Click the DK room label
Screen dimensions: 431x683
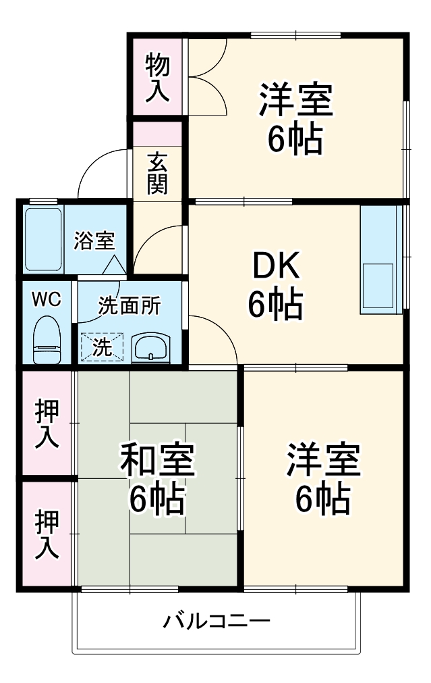tap(277, 266)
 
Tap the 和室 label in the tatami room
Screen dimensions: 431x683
tap(157, 459)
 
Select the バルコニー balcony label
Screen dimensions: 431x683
tap(217, 621)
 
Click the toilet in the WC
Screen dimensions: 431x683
tap(47, 340)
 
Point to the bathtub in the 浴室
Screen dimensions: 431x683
tap(43, 239)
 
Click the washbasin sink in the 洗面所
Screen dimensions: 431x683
tap(150, 347)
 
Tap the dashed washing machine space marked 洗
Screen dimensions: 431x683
tap(103, 347)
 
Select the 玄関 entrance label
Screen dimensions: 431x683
tap(157, 174)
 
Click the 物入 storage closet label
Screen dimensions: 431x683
tap(157, 78)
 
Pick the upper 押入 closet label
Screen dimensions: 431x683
tap(47, 424)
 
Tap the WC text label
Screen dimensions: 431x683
tap(47, 299)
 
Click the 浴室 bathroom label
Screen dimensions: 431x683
tap(94, 241)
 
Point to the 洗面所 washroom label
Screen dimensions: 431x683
tap(130, 306)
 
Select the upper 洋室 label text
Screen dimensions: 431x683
tap(296, 100)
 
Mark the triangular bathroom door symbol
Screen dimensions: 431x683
tap(115, 265)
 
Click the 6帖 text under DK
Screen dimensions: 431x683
tap(276, 303)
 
